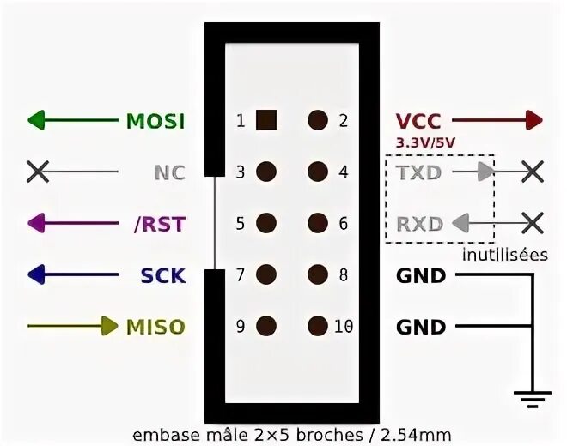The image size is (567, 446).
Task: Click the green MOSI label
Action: [x=155, y=121]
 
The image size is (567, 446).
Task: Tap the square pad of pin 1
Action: [x=266, y=120]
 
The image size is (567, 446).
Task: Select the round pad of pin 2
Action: [x=319, y=120]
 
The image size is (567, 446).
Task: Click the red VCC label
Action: [x=418, y=121]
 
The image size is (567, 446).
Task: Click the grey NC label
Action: [x=169, y=172]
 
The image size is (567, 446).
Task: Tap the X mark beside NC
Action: [x=38, y=172]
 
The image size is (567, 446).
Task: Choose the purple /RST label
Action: [x=160, y=224]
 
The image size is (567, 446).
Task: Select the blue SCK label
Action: [x=163, y=276]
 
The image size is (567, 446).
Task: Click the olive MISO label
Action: [x=155, y=327]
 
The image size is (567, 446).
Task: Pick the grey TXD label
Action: [x=419, y=172]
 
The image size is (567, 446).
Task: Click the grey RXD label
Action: [x=419, y=225]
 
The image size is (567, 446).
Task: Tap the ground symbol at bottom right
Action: [x=533, y=396]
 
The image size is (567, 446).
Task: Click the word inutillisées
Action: [x=504, y=255]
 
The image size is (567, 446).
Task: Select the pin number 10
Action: [x=344, y=327]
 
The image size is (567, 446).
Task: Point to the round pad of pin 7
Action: [x=266, y=275]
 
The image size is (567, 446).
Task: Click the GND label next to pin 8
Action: [x=421, y=276]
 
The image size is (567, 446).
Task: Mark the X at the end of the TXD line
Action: [x=533, y=172]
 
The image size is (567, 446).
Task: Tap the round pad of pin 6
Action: [x=319, y=224]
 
